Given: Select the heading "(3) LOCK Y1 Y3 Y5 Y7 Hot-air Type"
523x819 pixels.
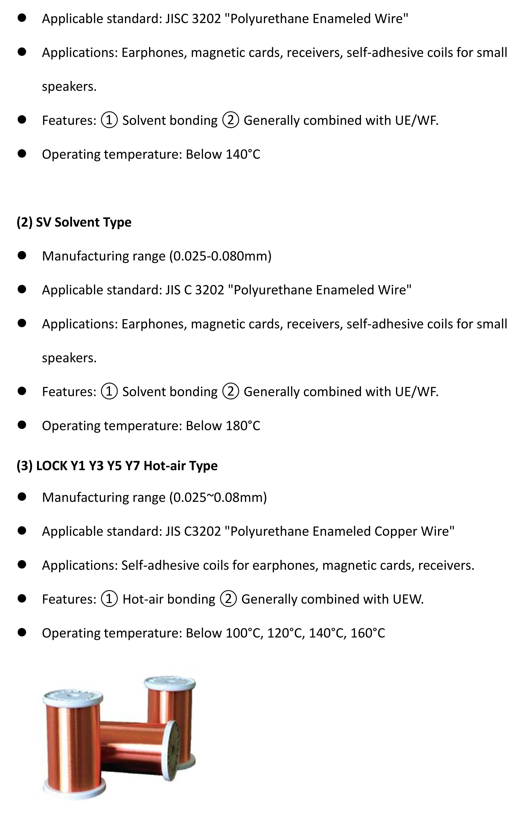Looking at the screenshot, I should [x=117, y=466].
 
